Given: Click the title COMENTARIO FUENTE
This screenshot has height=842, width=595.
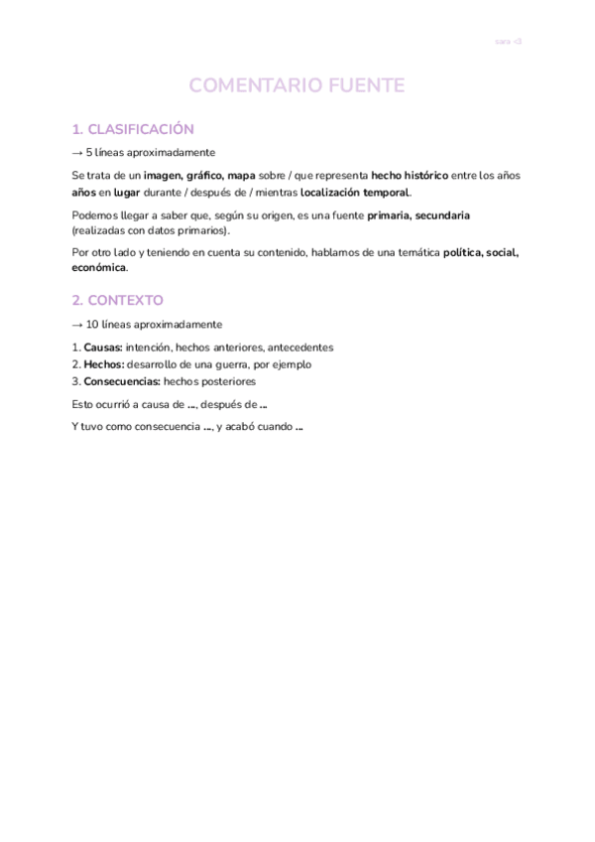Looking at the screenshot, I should pos(297,86).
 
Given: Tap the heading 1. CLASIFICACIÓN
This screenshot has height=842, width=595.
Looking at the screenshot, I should pos(133,129).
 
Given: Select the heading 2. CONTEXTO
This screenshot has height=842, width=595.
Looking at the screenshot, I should pos(118,300).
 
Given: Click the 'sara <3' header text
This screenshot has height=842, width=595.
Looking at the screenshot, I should pos(508,42).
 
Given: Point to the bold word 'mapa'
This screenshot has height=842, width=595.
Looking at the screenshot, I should pos(242,176).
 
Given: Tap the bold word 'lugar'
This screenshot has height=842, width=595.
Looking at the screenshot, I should pos(127,193).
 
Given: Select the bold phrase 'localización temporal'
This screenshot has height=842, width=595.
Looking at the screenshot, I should pos(355,193).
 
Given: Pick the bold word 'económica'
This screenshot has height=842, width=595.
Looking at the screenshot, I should pos(99,268).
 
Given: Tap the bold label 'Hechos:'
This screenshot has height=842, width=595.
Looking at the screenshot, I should pos(104,364).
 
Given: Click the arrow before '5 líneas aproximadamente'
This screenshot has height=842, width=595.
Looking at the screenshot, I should pos(78,152).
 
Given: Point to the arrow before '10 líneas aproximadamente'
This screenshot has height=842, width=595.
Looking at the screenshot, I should pos(78,325).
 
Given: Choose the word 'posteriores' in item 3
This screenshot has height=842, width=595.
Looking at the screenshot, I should pos(224,381).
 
